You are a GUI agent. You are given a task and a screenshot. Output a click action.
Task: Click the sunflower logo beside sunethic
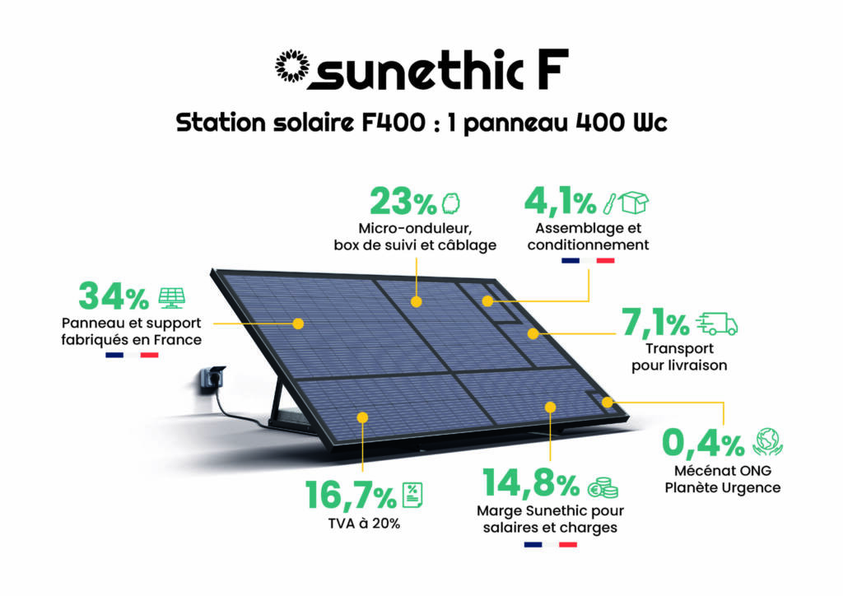coord(292,66)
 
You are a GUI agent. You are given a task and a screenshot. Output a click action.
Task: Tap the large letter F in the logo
coord(552,69)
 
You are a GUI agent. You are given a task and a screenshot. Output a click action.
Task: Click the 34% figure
coord(114,296)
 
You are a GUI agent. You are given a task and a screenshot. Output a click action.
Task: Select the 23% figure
coord(403,202)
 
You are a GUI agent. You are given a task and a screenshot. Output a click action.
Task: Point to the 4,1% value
coord(560,202)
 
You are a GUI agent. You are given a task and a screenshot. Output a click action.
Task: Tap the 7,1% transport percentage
coord(655,323)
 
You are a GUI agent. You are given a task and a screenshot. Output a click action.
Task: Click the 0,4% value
coord(703,443)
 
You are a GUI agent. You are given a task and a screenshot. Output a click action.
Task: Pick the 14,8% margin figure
coord(531,482)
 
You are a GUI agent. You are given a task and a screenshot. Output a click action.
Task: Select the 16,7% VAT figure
coord(351,495)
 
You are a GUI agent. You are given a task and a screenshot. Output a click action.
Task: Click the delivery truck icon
coord(717,324)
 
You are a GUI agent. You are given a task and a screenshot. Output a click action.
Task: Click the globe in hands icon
coord(768,442)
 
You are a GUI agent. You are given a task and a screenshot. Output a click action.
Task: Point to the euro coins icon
coord(602,487)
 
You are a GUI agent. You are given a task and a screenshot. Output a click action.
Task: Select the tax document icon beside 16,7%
coord(412,495)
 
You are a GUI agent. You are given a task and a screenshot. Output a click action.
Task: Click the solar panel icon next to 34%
coord(172,298)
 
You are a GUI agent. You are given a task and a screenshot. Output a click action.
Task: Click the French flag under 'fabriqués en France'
coord(132,355)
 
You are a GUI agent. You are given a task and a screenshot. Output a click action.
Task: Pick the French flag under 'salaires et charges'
coord(551,544)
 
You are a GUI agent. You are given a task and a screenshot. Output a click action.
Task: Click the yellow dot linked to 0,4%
coord(607,403)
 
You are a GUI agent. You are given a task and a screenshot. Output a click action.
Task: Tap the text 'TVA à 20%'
coord(364,524)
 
